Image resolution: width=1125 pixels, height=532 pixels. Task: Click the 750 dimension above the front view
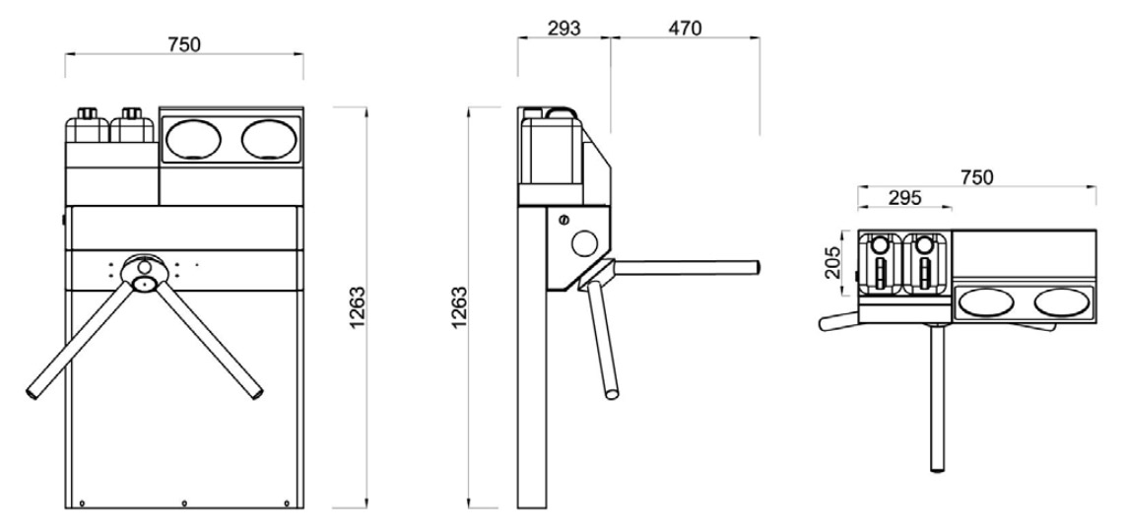(184, 43)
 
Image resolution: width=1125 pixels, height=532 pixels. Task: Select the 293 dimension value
(563, 28)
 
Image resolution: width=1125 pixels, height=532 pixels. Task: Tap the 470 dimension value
(685, 28)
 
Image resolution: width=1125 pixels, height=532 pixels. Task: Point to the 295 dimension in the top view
(904, 197)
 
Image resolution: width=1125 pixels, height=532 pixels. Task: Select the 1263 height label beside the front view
(357, 307)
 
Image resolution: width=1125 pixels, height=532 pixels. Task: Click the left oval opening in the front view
(192, 138)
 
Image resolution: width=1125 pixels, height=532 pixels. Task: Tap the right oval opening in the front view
(269, 138)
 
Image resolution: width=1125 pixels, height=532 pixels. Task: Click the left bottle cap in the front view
(87, 113)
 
